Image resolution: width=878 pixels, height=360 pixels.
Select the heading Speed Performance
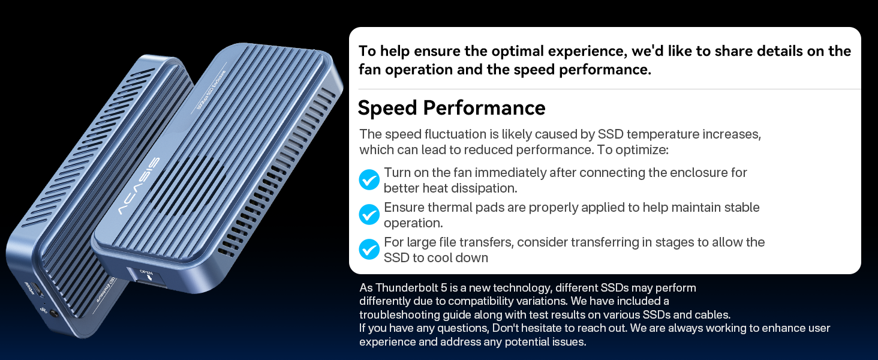click(451, 108)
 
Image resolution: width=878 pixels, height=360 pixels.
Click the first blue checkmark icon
click(369, 179)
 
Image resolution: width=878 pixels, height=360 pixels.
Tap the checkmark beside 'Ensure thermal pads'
click(369, 214)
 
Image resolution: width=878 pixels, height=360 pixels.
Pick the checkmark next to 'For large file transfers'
click(369, 249)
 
